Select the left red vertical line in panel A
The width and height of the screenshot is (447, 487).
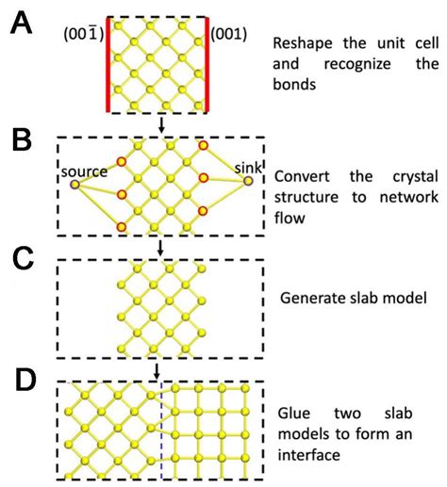(108, 65)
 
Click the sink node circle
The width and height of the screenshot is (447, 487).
(248, 181)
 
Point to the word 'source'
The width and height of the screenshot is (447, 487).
(81, 171)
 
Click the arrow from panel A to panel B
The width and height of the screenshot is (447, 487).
(161, 125)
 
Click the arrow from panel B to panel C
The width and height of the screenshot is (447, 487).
(161, 247)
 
